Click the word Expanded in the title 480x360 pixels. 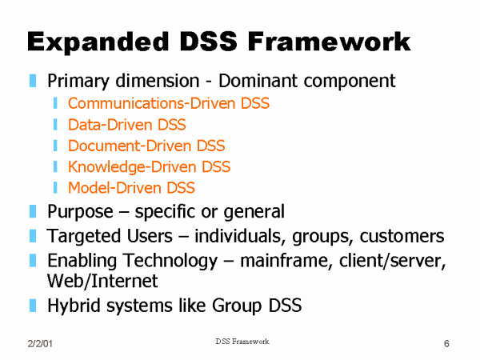point(98,42)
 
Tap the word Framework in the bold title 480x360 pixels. point(329,42)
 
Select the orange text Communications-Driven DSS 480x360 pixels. point(169,103)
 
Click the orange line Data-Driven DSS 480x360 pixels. point(126,125)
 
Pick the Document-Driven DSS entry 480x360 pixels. point(146,146)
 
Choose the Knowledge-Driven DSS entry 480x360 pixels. point(149,167)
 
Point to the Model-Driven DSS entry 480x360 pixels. point(131,188)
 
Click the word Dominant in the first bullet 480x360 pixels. point(258,81)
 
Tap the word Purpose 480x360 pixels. point(80,212)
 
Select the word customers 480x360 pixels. point(402,236)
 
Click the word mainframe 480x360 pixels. point(286,261)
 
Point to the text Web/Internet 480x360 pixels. point(102,281)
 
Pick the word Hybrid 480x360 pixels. point(74,306)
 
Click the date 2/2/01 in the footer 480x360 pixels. point(40,343)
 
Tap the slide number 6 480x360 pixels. point(446,343)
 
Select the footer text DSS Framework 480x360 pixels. point(242,342)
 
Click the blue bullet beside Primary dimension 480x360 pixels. point(33,81)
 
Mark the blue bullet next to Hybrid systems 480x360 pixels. point(33,306)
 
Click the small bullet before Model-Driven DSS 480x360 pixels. point(55,188)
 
